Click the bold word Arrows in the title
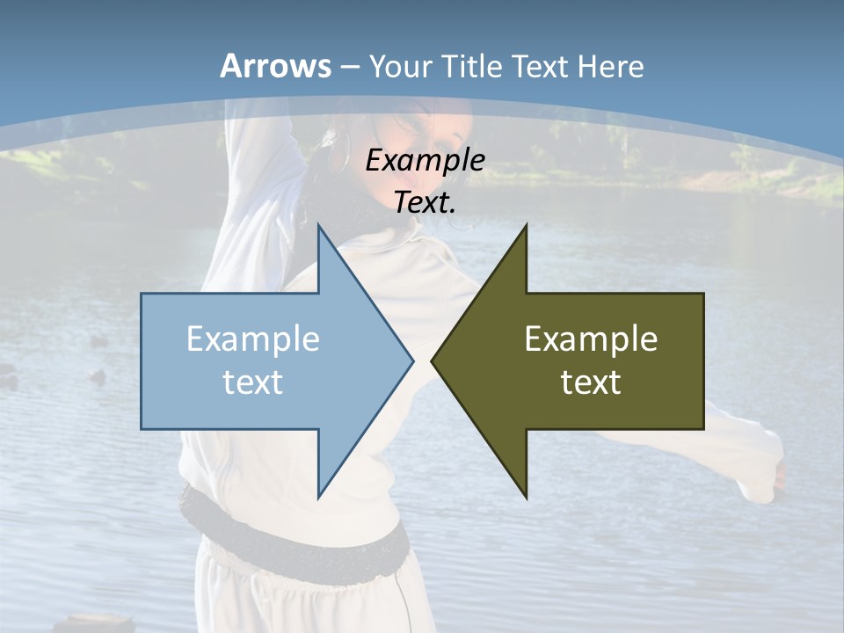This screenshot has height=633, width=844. pyautogui.click(x=275, y=66)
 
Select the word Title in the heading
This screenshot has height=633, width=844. pyautogui.click(x=476, y=67)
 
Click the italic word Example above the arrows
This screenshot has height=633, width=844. pyautogui.click(x=425, y=161)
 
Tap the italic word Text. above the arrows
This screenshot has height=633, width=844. pyautogui.click(x=425, y=203)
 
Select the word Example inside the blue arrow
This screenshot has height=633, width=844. pyautogui.click(x=252, y=339)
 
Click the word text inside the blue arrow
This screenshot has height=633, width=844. pyautogui.click(x=252, y=382)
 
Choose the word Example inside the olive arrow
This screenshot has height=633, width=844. pyautogui.click(x=591, y=339)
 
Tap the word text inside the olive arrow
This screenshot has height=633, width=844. pyautogui.click(x=591, y=382)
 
